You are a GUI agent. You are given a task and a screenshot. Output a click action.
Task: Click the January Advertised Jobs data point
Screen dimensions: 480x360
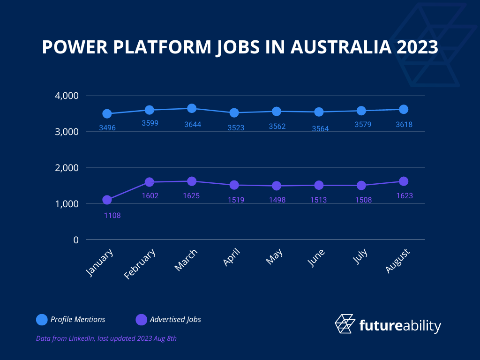(x=107, y=200)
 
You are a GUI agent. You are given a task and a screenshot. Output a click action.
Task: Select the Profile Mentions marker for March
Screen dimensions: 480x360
(x=192, y=108)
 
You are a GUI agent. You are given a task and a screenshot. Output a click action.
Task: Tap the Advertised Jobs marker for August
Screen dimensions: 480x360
(x=404, y=181)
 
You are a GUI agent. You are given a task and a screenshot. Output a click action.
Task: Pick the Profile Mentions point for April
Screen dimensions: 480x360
(x=234, y=112)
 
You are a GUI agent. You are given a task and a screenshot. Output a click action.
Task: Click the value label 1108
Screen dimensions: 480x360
(x=112, y=216)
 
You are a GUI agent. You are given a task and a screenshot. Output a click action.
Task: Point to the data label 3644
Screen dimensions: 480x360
(x=193, y=125)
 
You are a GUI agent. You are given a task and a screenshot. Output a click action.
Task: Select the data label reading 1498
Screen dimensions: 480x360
(x=277, y=200)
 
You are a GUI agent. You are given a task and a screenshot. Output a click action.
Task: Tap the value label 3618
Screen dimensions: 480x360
(x=404, y=125)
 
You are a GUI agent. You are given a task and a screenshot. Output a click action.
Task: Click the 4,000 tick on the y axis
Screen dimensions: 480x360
(x=67, y=96)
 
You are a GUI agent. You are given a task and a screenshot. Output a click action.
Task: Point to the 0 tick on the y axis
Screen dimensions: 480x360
(x=76, y=240)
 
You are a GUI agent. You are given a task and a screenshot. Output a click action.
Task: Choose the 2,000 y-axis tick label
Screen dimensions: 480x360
(x=67, y=168)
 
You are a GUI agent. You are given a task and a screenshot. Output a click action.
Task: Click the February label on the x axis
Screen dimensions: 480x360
(x=140, y=264)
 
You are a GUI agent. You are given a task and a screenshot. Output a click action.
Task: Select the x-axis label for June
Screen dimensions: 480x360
(x=316, y=258)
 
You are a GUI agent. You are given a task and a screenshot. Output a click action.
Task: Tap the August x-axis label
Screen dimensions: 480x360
(x=397, y=261)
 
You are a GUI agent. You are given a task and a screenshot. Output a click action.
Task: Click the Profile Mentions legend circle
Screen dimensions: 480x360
(x=42, y=320)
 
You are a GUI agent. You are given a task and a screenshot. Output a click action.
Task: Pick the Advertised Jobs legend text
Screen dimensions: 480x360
(x=175, y=320)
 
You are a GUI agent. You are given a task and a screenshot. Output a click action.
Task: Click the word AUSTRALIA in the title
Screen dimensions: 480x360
(x=341, y=47)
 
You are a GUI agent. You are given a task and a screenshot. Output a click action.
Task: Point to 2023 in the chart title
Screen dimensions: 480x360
(x=417, y=47)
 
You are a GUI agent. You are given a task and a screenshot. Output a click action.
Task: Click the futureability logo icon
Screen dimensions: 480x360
(x=345, y=323)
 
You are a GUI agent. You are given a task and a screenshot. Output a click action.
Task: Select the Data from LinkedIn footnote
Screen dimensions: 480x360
(x=106, y=338)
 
